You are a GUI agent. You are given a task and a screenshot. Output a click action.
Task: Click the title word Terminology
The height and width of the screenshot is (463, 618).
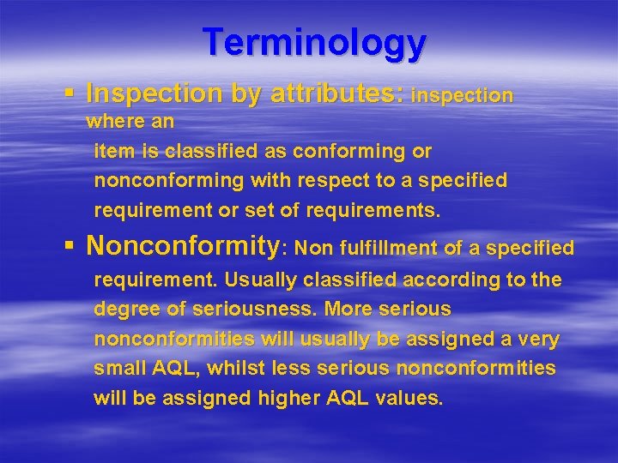pyautogui.click(x=314, y=42)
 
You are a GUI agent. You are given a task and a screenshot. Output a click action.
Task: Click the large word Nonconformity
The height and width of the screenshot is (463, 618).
pyautogui.click(x=184, y=247)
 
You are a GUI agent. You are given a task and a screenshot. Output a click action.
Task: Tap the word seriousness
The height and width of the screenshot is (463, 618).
pyautogui.click(x=223, y=310)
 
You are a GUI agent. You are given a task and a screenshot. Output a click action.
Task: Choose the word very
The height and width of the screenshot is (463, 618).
pyautogui.click(x=539, y=340)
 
